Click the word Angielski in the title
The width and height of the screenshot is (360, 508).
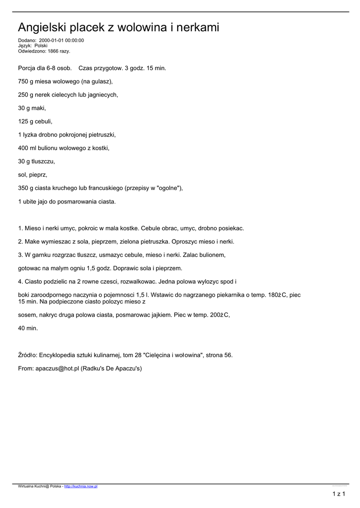pos(42,28)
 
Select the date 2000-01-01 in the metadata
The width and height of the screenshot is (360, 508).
pos(51,41)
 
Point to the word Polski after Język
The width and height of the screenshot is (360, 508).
pos(41,46)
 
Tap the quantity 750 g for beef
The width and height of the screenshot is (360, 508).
pos(26,81)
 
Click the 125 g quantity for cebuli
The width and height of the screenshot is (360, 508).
pos(26,121)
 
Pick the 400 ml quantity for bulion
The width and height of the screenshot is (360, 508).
pos(27,148)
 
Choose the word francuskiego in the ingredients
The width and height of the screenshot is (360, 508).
pos(106,188)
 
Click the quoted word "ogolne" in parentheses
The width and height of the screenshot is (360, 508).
pos(167,188)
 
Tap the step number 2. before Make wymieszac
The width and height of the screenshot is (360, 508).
pos(20,242)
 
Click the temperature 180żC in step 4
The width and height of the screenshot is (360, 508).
pos(274,295)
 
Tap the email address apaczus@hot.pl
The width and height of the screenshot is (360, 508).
pos(57,368)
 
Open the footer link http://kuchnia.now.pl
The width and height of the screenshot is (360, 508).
pos(81,487)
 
